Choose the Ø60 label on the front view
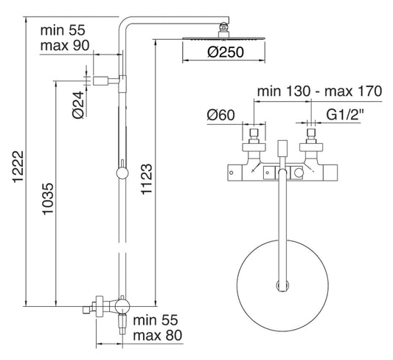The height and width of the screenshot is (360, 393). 220,116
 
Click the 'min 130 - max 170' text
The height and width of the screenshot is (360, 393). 318,92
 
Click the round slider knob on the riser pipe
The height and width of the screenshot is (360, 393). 121,175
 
